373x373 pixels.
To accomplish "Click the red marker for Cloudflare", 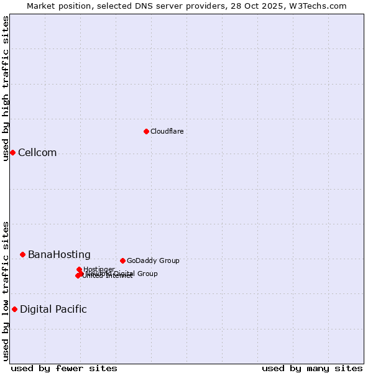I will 146,131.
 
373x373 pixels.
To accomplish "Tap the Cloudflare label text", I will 167,131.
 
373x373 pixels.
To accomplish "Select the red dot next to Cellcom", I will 12,152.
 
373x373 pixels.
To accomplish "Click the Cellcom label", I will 37,153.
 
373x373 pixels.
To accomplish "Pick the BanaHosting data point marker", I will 22,254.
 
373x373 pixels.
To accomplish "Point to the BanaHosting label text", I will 59,255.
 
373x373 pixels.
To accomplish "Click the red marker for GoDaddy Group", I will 122,260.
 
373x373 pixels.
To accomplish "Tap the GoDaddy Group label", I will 153,260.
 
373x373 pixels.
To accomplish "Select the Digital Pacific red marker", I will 14,309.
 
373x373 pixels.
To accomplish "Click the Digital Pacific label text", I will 53,310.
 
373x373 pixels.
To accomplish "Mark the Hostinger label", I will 99,269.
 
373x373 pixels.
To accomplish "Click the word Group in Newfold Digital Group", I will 147,274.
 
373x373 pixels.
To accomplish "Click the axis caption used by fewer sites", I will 64,368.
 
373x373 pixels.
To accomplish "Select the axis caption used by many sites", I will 312,368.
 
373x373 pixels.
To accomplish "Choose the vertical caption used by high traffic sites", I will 6,88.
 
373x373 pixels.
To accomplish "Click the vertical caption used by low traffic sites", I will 6,291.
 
